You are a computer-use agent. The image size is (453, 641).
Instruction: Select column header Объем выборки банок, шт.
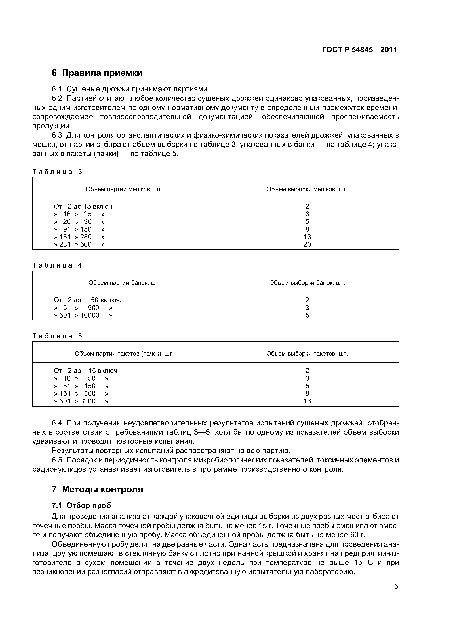pyautogui.click(x=307, y=283)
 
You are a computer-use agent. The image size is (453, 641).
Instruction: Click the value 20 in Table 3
pyautogui.click(x=307, y=244)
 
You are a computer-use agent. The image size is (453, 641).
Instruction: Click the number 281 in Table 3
pyautogui.click(x=65, y=244)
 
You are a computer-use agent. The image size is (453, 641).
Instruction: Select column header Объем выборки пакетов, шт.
pyautogui.click(x=307, y=354)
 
